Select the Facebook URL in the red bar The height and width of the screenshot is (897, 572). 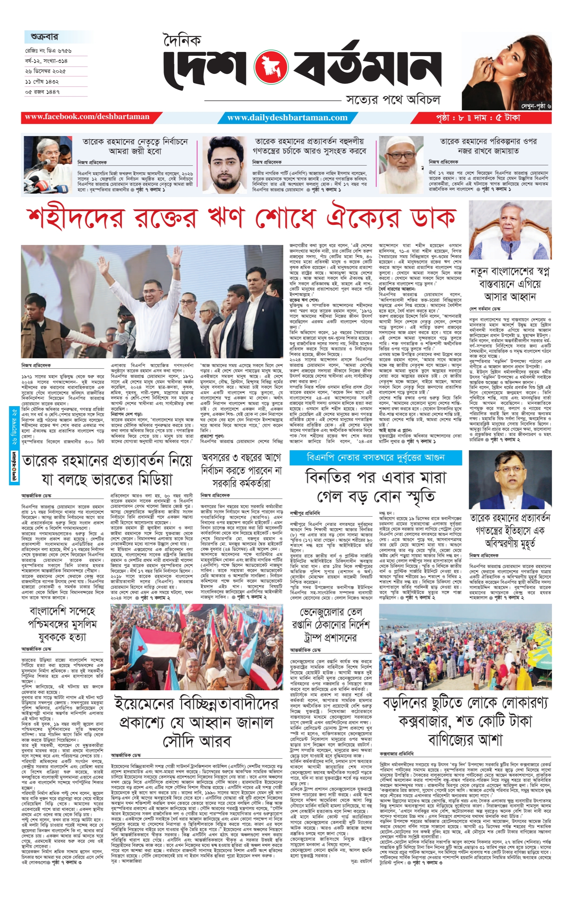(87, 117)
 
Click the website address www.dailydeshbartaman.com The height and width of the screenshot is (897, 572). (287, 118)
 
